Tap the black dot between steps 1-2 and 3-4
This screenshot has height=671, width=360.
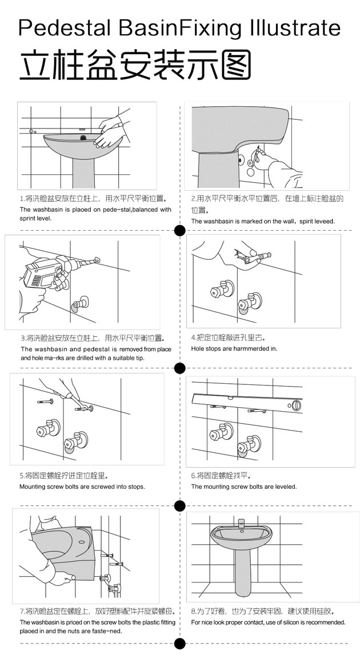[x=179, y=231]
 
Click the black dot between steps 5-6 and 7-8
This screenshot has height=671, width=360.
[x=179, y=505]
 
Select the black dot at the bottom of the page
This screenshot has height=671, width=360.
[x=179, y=644]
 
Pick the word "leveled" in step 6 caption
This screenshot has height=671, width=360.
[x=285, y=487]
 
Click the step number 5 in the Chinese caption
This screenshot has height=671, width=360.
[x=22, y=475]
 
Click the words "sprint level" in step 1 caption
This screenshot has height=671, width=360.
[x=35, y=218]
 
